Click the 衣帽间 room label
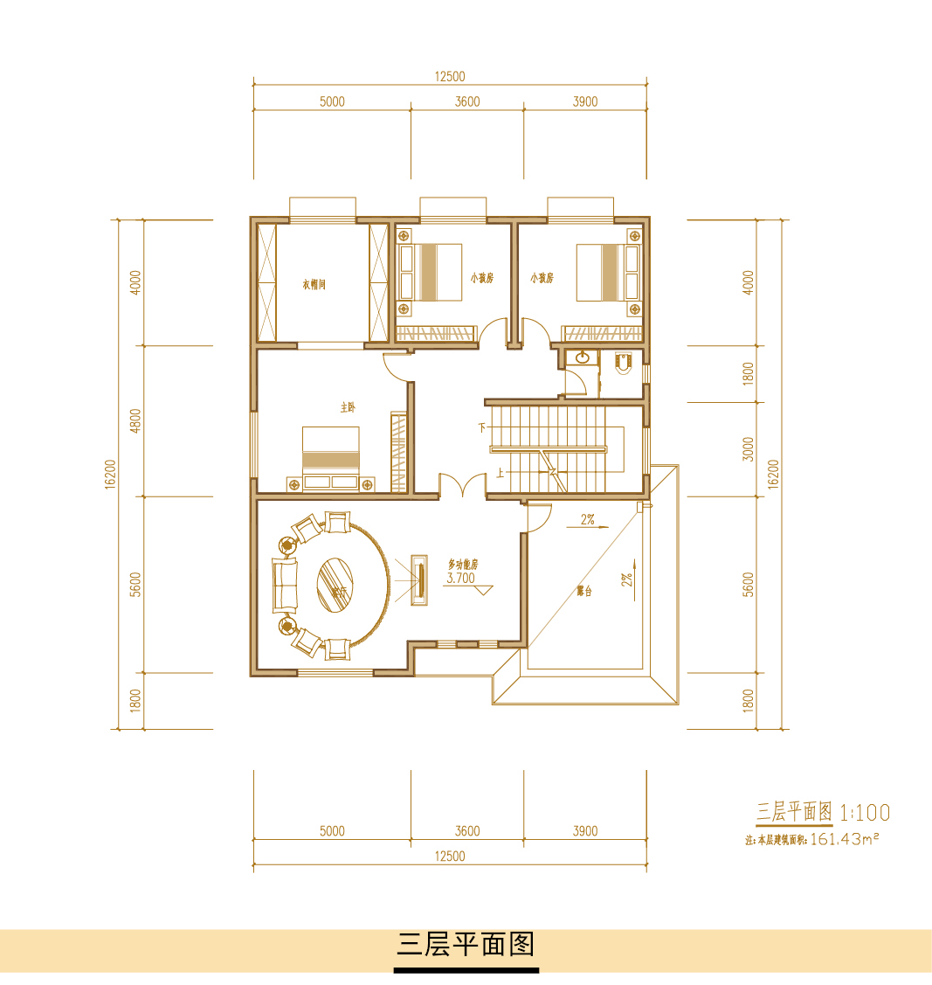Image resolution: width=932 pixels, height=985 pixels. tap(314, 284)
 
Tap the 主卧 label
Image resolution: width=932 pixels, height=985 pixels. tap(348, 407)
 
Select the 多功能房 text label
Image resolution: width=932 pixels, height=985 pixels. tap(463, 565)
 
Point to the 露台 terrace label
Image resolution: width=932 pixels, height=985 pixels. tap(584, 591)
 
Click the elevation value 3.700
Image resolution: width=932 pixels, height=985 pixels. tap(460, 578)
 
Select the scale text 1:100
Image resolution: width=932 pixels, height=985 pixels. tap(865, 813)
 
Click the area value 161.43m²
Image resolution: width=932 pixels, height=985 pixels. tap(844, 839)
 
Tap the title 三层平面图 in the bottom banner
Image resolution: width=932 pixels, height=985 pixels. tap(466, 945)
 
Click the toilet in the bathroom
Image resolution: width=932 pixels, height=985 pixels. tap(622, 364)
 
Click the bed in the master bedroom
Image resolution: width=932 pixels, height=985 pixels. tap(331, 454)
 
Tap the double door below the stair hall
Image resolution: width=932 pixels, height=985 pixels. tap(462, 485)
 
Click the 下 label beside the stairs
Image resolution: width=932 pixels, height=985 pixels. tap(480, 428)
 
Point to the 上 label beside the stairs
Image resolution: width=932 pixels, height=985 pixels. tap(499, 473)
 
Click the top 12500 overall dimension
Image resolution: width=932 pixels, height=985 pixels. tap(450, 76)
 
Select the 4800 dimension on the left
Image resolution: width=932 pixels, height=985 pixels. tap(135, 420)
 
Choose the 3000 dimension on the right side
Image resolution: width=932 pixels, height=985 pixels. tap(748, 449)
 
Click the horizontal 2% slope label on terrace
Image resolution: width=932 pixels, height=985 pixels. tap(587, 519)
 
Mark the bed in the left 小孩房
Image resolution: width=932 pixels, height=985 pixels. tap(431, 272)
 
